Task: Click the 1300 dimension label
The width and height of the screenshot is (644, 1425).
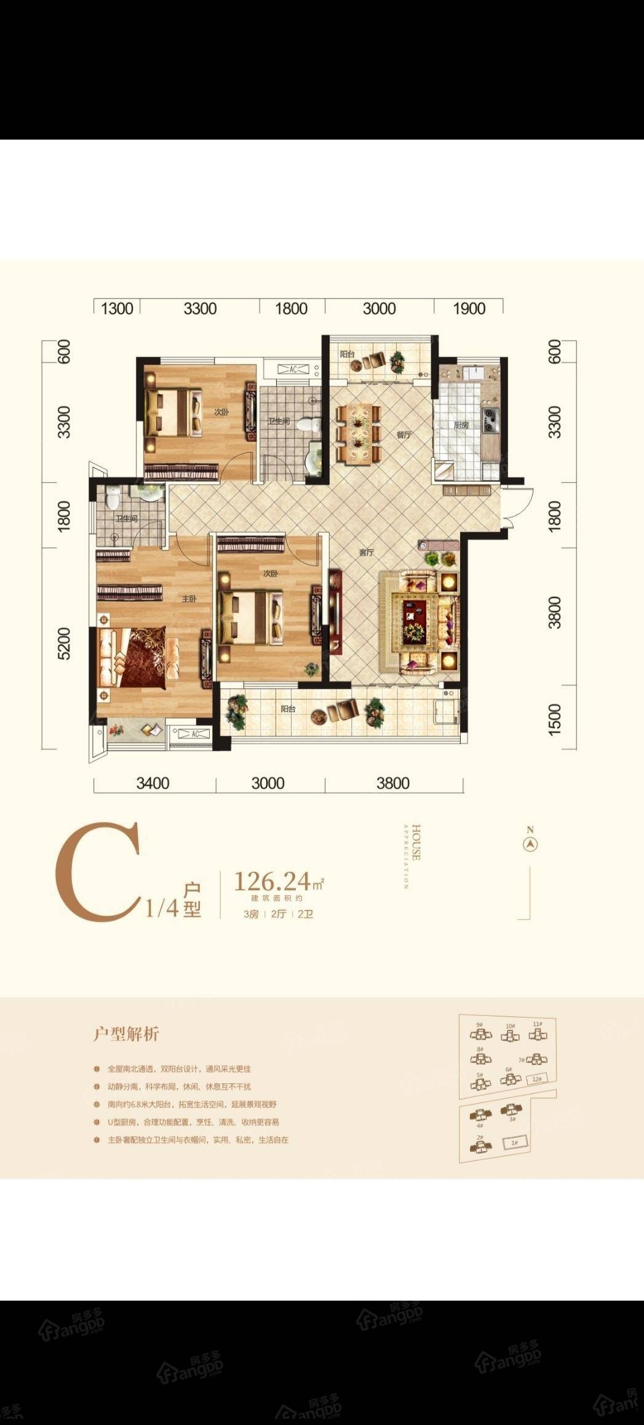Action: [117, 308]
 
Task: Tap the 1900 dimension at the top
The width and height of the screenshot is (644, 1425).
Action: [469, 308]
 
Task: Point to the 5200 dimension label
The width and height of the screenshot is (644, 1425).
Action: [63, 644]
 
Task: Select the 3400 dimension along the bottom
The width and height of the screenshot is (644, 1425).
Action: [153, 783]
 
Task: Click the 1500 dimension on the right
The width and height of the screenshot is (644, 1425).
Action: [554, 717]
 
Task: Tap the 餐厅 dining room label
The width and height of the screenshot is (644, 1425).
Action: [403, 434]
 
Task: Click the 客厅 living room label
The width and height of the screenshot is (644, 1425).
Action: [367, 553]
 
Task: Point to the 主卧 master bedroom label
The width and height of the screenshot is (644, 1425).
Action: [189, 598]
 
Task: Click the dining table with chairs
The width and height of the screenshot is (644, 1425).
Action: [358, 433]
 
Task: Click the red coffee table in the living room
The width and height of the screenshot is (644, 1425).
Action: [414, 621]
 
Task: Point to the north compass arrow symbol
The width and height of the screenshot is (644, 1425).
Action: [530, 844]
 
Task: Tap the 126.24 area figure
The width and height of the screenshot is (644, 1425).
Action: [272, 882]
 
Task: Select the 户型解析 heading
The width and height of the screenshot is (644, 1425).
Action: [126, 1034]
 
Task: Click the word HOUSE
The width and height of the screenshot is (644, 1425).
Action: [416, 842]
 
